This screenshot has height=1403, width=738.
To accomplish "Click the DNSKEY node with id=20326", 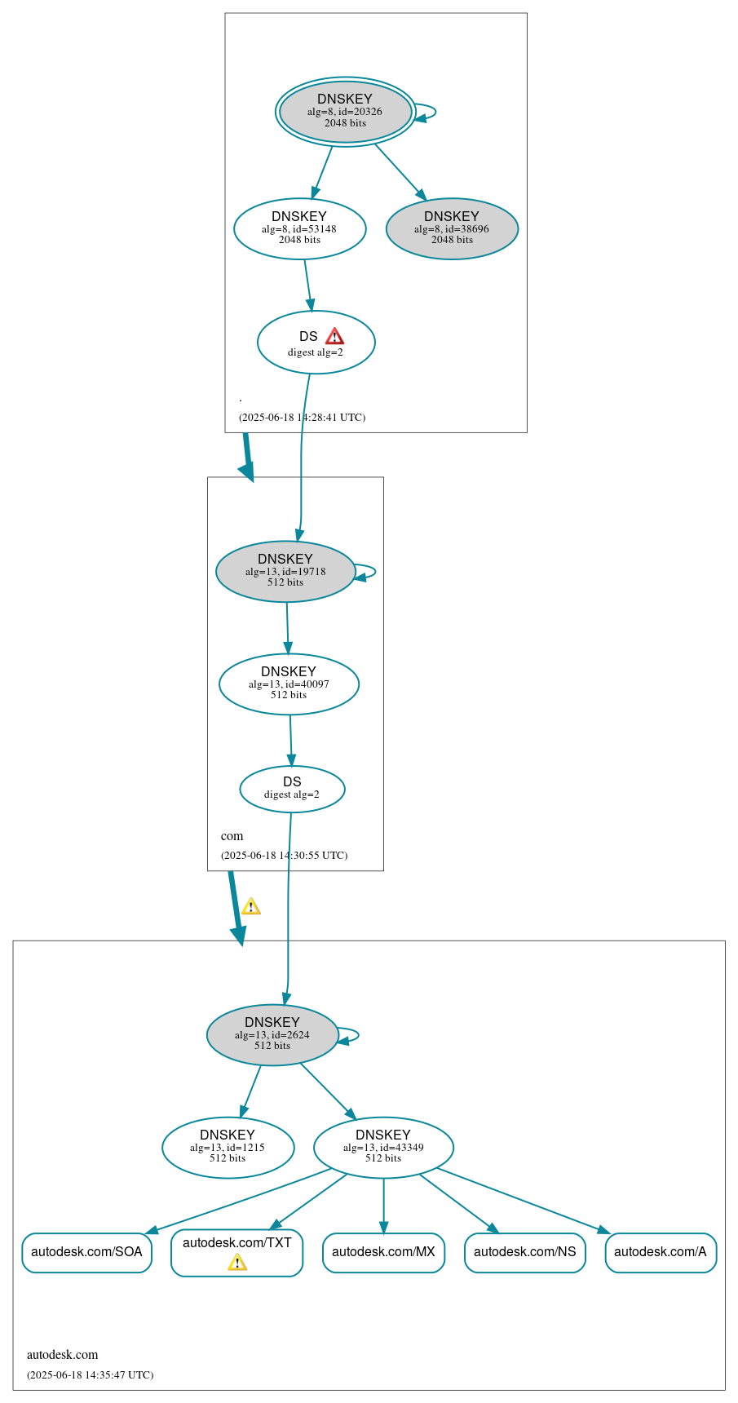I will pos(345,112).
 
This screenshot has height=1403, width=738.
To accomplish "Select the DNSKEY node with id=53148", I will pos(299,228).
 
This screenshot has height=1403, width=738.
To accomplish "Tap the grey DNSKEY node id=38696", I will pos(452,228).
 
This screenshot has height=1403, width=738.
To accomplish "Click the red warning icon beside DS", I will pos(334,337).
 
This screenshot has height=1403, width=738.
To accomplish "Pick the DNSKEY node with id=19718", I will pos(285,571).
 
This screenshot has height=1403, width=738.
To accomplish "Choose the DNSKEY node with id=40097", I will pos(289,684).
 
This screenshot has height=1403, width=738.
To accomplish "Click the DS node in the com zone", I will pos(292,789).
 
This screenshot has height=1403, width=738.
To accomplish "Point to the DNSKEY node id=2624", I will pos(272,1034).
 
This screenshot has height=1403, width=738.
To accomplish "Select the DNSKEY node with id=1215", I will pos(228,1147).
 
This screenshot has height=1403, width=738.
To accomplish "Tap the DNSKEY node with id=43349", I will pos(383,1147).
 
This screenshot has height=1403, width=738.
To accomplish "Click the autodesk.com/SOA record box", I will pos(86,1252).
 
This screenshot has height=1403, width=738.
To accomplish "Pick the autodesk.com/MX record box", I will pos(383,1252).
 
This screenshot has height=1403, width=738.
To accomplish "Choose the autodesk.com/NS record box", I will pos(524,1252).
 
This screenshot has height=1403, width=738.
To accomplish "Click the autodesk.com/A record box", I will pos(661,1252).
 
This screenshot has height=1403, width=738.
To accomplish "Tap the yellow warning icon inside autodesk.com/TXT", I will pos(237,1263).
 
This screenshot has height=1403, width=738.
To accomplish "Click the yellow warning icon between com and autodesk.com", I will pos(251,906).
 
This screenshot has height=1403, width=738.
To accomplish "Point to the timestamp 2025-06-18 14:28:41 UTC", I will pos(302,418).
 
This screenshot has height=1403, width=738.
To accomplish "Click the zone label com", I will pos(232,836).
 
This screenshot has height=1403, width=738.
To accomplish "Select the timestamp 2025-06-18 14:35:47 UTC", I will pos(90,1375).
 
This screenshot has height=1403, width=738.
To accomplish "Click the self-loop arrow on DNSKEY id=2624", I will pos(356,1035).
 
